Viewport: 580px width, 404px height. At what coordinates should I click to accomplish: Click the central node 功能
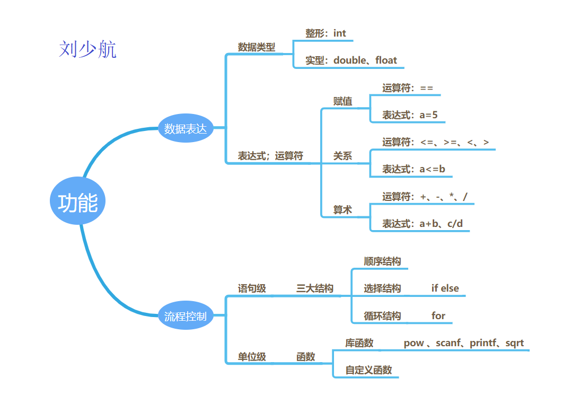pos(78,203)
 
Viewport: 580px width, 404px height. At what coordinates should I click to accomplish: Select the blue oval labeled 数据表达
pos(185,128)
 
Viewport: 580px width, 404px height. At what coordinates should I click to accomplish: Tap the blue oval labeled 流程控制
pos(185,317)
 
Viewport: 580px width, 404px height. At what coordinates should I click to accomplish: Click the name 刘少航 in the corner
pos(87,49)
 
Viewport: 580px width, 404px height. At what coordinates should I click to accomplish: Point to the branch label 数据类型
pos(257,47)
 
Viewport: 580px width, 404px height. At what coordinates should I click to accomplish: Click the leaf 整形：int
pos(326,33)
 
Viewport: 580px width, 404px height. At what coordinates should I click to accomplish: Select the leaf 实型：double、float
pos(351,60)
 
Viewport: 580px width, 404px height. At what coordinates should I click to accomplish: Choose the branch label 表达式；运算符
pos(270,156)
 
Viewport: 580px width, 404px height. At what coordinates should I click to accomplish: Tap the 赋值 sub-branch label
pos(342,101)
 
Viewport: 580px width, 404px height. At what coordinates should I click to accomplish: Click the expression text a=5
pos(428,115)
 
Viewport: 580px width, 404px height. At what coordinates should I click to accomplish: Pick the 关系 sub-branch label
pos(342,156)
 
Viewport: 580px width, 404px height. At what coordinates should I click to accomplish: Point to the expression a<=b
pos(432,170)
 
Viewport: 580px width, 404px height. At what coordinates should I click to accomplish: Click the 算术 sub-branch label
pos(342,210)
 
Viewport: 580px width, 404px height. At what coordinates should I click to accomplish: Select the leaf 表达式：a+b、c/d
pos(423,224)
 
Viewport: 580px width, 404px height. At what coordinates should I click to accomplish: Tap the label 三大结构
pos(315,288)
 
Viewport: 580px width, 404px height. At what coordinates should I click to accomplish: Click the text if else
pos(445,288)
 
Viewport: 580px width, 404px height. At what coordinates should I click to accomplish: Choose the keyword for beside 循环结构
pos(438,316)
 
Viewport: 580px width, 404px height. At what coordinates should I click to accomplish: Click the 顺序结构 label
pos(382,261)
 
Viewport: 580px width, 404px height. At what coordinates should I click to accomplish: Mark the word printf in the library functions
pos(484,343)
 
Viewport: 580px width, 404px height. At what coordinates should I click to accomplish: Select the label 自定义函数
pos(368,370)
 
